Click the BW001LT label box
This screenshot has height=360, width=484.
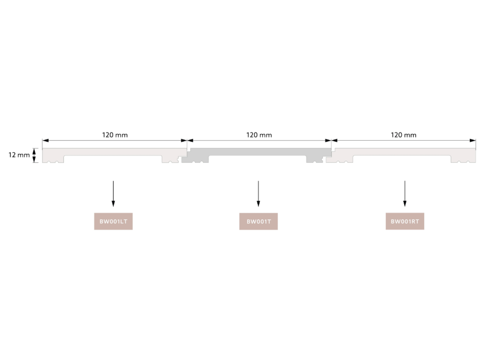coord(113,221)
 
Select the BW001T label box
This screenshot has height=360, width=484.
coord(258,221)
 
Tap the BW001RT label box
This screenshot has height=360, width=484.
coord(405,221)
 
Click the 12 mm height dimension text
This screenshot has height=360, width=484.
coord(19,155)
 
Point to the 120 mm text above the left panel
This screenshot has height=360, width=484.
coord(115,135)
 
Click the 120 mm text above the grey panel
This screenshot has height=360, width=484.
coord(259,135)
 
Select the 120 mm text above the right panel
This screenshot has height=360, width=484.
coord(403,135)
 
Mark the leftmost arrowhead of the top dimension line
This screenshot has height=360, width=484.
coord(45,141)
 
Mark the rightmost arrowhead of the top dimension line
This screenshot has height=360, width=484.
coord(473,141)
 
